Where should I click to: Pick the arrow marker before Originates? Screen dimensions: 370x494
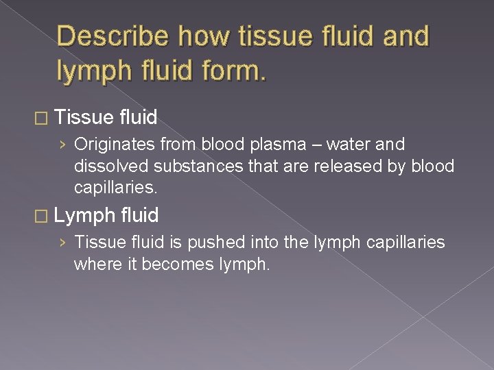pos(63,145)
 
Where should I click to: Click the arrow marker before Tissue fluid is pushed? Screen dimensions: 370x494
pos(63,243)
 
